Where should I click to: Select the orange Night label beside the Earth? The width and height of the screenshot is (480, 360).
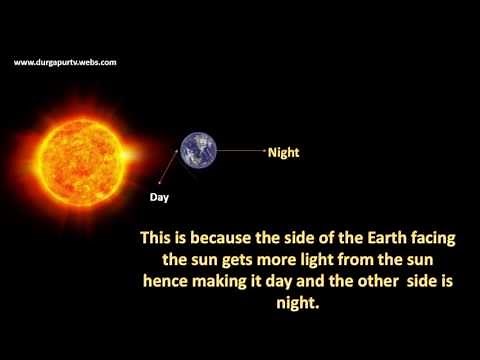pyautogui.click(x=284, y=153)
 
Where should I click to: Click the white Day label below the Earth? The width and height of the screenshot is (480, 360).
pyautogui.click(x=159, y=197)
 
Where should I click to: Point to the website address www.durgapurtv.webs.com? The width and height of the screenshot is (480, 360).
pyautogui.click(x=65, y=62)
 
